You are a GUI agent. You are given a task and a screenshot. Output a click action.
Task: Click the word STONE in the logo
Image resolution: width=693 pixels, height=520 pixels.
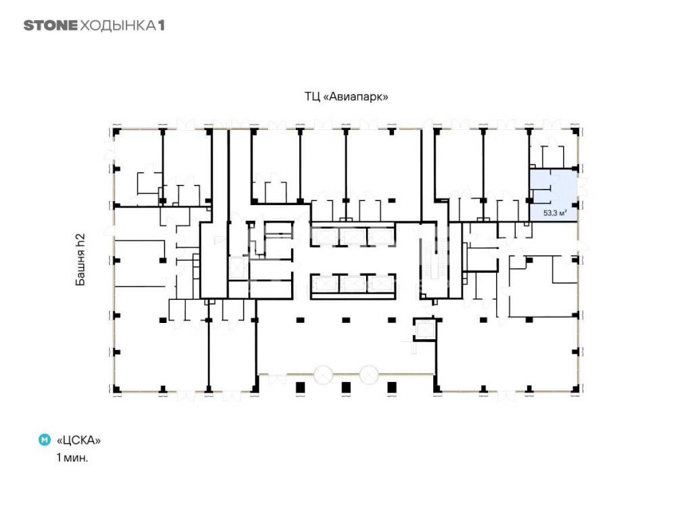pos(50,25)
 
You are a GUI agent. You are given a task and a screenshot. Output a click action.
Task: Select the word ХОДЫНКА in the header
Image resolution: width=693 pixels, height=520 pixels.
pos(118,26)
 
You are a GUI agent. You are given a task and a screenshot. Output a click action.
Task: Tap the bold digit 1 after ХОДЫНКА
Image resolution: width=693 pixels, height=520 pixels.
pos(161,25)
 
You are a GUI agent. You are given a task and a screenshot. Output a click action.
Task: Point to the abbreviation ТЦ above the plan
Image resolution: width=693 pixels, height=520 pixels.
pos(313,96)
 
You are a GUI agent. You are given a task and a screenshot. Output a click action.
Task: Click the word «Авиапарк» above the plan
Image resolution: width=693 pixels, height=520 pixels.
pos(356,96)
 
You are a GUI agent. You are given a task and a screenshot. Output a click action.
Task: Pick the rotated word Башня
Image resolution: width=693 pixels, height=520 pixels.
pos(80,267)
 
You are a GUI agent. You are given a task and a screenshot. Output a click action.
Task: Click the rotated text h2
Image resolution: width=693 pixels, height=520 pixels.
pos(80,240)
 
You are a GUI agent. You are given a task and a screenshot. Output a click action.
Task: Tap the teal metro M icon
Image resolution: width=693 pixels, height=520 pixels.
pos(45,440)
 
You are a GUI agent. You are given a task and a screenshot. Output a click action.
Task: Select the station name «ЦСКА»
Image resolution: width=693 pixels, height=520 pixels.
pos(79,440)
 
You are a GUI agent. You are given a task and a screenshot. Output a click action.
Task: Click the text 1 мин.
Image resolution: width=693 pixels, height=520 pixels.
pos(72,458)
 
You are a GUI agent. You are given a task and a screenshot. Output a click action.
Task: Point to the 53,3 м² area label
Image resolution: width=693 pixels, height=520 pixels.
pos(555,213)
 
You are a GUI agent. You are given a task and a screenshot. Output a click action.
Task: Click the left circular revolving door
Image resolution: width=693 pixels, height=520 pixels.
pos(323,374)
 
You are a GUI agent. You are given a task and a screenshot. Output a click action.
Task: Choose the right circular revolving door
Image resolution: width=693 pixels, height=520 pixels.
pos(369,374)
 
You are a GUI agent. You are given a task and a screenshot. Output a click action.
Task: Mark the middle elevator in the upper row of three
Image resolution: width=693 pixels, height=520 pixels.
pos(353,236)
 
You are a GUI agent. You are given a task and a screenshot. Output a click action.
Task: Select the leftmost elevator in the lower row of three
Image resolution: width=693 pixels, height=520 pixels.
pos(325,284)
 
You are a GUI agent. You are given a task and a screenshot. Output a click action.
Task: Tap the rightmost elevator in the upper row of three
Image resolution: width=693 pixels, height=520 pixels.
pos(381,236)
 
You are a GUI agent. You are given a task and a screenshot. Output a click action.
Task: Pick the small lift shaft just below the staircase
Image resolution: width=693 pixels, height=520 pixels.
pos(425,330)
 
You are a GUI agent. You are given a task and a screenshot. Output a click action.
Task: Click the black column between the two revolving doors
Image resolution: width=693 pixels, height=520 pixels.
pos(346,388)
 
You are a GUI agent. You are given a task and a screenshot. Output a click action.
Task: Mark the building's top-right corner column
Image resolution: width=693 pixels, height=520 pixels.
pos(575,131)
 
